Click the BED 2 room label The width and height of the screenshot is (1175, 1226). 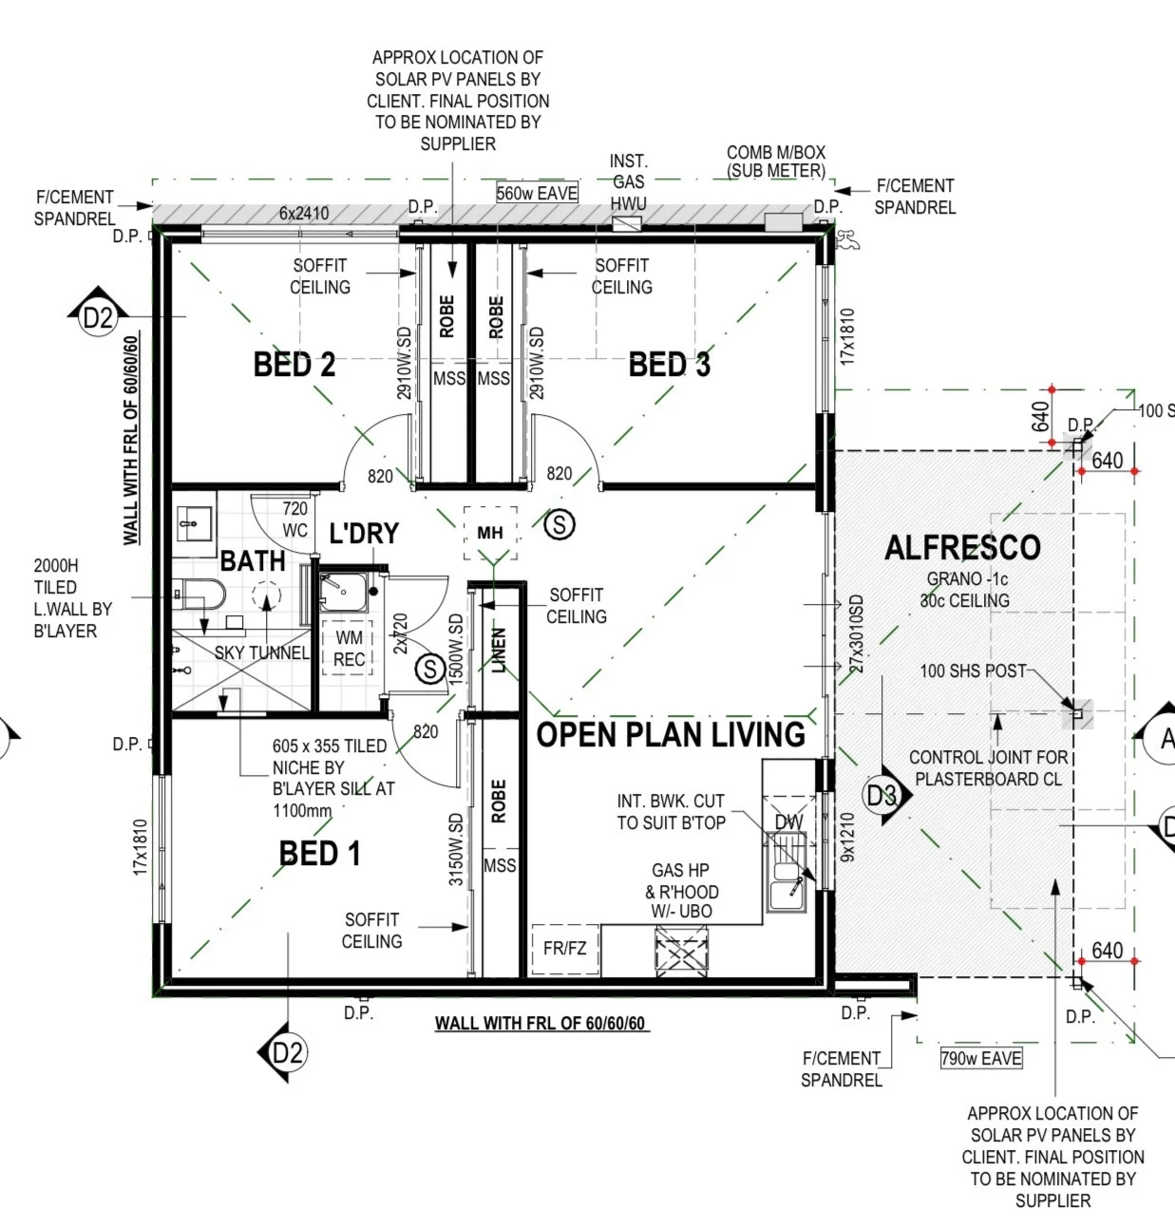point(294,364)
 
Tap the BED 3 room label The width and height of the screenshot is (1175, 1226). point(669,364)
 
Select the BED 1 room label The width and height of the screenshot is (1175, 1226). point(319,853)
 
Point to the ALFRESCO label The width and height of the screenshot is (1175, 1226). point(962,547)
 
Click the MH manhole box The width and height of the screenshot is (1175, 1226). point(490,533)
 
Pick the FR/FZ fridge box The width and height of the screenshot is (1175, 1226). point(565,948)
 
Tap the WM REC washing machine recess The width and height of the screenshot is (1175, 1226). point(349,648)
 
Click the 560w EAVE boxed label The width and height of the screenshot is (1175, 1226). point(537,193)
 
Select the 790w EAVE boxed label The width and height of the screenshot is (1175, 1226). point(981,1058)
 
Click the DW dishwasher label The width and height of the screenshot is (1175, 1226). point(788,822)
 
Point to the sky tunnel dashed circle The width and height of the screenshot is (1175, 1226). point(267,594)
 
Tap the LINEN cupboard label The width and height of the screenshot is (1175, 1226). point(499,650)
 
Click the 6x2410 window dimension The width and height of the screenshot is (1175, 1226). point(304,213)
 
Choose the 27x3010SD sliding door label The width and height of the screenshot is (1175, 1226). point(856,633)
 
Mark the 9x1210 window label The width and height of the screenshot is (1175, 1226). point(847,837)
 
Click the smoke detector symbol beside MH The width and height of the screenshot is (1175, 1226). point(559,524)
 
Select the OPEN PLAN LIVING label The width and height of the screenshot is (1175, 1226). point(671,734)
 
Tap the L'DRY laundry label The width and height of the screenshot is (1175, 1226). point(364,533)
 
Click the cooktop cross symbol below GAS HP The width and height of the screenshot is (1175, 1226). point(682,952)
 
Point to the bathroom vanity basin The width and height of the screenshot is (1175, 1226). point(194,523)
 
